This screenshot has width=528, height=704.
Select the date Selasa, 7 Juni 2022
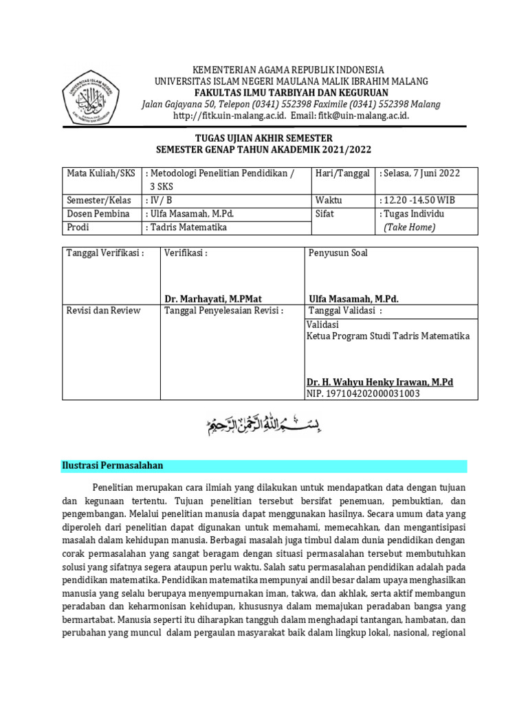click(419, 174)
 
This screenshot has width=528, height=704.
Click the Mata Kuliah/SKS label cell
click(101, 174)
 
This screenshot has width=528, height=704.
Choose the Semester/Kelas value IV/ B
click(161, 200)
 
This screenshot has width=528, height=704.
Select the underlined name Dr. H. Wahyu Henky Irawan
click(379, 382)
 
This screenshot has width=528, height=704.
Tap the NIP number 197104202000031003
click(362, 394)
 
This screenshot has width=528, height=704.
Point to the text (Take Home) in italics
click(410, 227)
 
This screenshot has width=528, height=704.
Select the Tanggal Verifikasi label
click(105, 253)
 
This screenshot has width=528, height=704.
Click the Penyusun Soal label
click(338, 253)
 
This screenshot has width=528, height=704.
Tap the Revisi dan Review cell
click(103, 311)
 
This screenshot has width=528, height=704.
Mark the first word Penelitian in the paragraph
click(115, 487)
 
